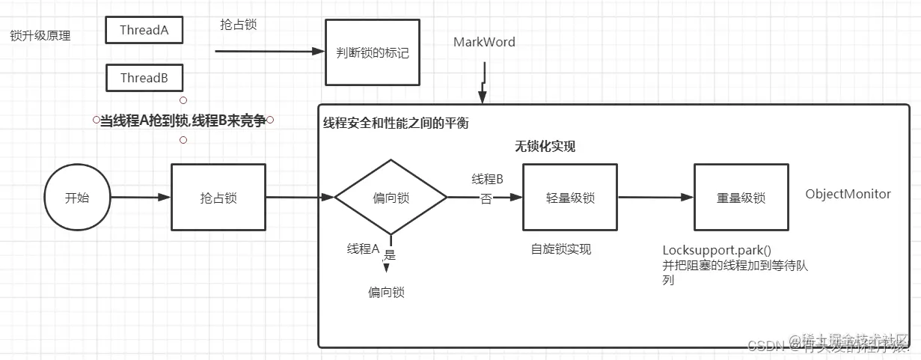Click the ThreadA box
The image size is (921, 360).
tap(144, 30)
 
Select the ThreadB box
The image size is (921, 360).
tap(144, 78)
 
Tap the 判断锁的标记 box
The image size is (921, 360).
tap(372, 53)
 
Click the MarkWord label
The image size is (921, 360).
tap(484, 42)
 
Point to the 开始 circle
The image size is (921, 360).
tap(77, 198)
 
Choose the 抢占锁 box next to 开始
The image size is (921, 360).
tap(218, 198)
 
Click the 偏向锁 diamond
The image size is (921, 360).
tap(390, 198)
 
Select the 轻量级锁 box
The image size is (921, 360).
tap(570, 198)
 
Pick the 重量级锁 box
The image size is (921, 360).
tap(741, 198)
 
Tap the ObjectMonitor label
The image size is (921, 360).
tap(848, 194)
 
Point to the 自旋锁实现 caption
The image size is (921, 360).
tap(560, 249)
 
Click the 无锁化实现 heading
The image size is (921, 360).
tap(545, 147)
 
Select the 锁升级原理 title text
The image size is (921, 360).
tap(40, 35)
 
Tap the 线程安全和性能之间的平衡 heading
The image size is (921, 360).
tap(395, 123)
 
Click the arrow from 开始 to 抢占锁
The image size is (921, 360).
tap(141, 198)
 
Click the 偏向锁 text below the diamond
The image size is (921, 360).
tap(386, 293)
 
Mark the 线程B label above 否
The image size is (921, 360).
tap(487, 179)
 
